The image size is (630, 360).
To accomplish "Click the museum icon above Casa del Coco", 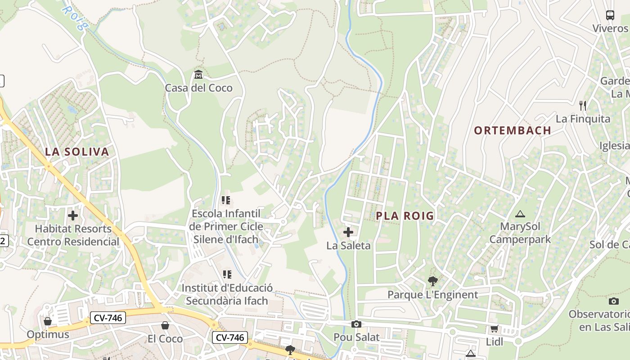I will pos(198,74).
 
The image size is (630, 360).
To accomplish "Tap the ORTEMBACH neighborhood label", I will pos(513,130).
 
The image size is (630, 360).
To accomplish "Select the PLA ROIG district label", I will pos(405,216).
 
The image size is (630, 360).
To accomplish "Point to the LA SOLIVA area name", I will pos(77,152).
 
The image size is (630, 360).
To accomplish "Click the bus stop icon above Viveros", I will pos(610,15).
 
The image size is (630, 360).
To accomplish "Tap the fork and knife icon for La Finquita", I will pos(583,106).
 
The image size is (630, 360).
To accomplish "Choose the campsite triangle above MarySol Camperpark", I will pos(520,214).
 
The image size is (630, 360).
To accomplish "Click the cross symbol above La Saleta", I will pos(348,232).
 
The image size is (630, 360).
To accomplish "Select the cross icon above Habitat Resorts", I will pos(73,215).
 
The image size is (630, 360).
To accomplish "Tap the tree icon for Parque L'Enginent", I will pos(433,282).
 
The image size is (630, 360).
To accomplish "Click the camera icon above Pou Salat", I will pos(356,324).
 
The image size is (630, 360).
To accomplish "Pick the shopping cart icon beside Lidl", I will pos(494,329).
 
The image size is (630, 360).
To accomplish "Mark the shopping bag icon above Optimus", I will pos(48,321).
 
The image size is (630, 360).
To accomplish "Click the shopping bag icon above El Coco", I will pos(165,325).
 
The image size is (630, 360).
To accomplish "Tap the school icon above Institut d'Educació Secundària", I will pos(227,274).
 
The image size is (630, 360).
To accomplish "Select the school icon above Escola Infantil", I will pos(226,200).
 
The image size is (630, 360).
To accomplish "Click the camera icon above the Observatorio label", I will pos(613,301).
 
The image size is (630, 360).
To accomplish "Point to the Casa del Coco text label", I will pos(198,88).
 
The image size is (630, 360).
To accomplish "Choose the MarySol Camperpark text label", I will pos(520,233).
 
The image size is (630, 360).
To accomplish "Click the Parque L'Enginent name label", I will pos(433,295).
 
